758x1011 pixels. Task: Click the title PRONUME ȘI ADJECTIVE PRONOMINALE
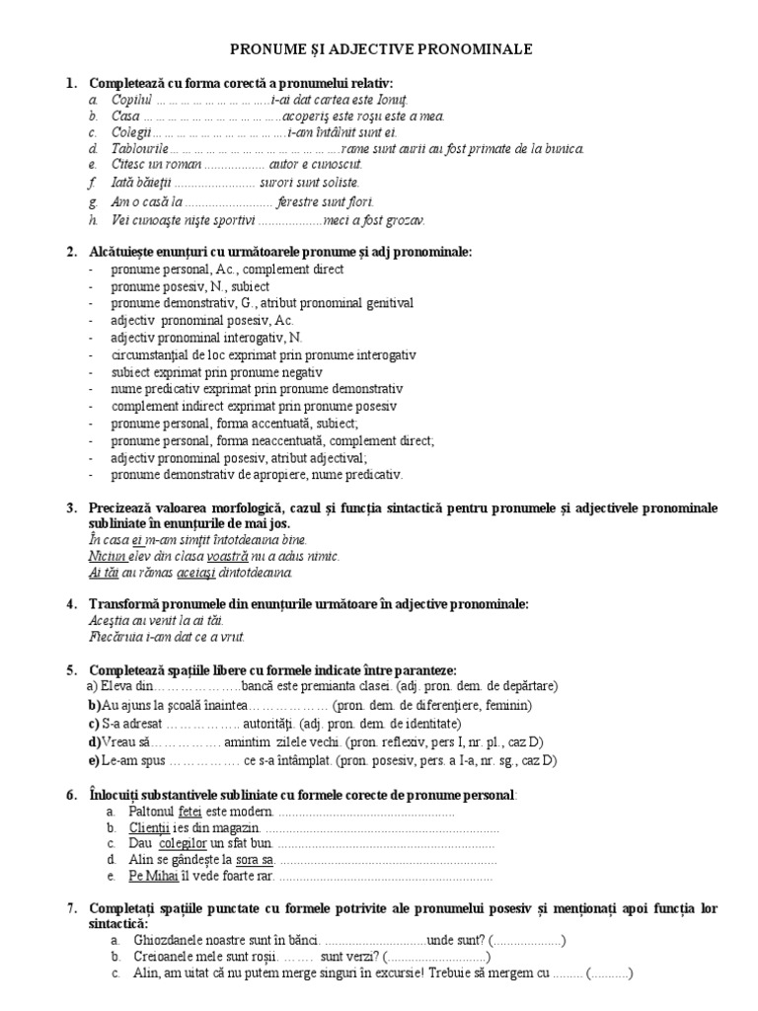pos(381,47)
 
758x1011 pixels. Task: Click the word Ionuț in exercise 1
pos(391,100)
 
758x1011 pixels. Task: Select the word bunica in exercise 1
pos(565,149)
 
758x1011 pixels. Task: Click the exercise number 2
pos(72,252)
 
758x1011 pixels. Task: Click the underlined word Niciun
pos(105,557)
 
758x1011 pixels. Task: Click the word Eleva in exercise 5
pos(115,685)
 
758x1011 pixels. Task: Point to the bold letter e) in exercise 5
pos(95,760)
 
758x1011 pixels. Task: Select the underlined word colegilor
pos(189,844)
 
